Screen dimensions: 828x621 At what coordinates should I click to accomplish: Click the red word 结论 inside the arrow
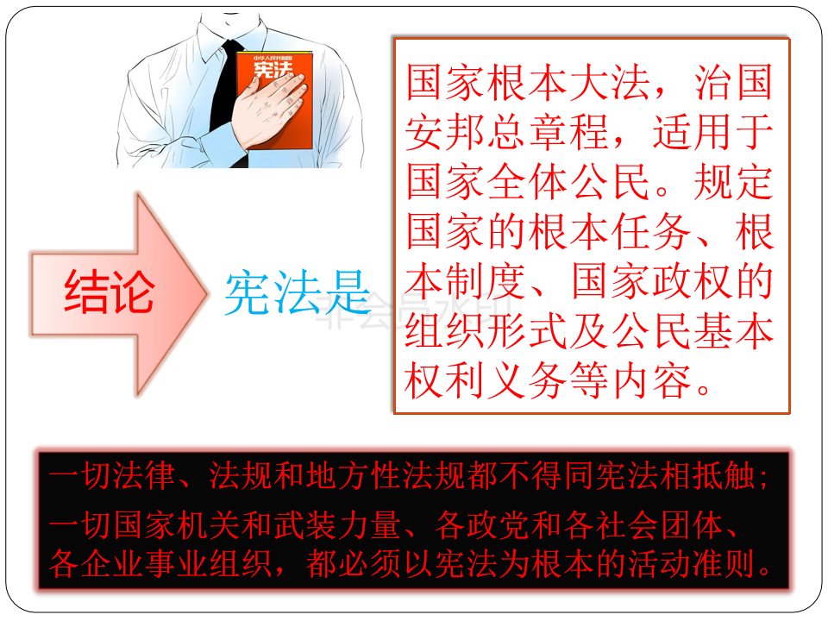pyautogui.click(x=110, y=292)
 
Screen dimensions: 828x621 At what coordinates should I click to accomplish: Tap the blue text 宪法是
pyautogui.click(x=298, y=292)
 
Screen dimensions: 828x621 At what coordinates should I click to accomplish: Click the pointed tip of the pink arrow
pyautogui.click(x=208, y=293)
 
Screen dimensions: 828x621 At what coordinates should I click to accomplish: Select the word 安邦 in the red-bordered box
pyautogui.click(x=445, y=132)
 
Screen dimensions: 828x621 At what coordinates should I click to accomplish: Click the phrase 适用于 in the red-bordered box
pyautogui.click(x=713, y=132)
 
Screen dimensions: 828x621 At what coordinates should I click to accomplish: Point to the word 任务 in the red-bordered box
pyautogui.click(x=652, y=231)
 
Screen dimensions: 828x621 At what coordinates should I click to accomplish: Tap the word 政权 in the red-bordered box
pyautogui.click(x=693, y=281)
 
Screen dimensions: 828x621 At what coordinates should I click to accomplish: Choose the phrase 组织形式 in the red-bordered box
pyautogui.click(x=486, y=331)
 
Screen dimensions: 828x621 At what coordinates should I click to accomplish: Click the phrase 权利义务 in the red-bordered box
pyautogui.click(x=486, y=381)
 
